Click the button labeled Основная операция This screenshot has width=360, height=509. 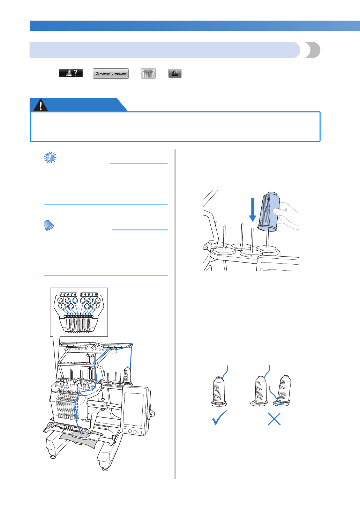(111, 73)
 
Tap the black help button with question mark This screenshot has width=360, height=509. (71, 73)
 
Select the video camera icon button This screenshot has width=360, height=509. (175, 73)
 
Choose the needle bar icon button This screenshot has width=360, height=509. (148, 73)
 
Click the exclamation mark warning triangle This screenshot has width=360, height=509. (41, 105)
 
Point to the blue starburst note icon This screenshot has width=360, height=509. (50, 157)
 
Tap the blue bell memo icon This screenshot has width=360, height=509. (48, 226)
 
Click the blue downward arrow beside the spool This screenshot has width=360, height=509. (253, 209)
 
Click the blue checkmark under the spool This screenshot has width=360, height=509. (219, 418)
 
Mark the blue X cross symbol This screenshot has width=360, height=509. (274, 419)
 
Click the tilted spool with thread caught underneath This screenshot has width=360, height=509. (283, 390)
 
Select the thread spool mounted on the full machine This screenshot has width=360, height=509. (127, 375)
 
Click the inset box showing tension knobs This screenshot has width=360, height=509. (79, 312)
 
